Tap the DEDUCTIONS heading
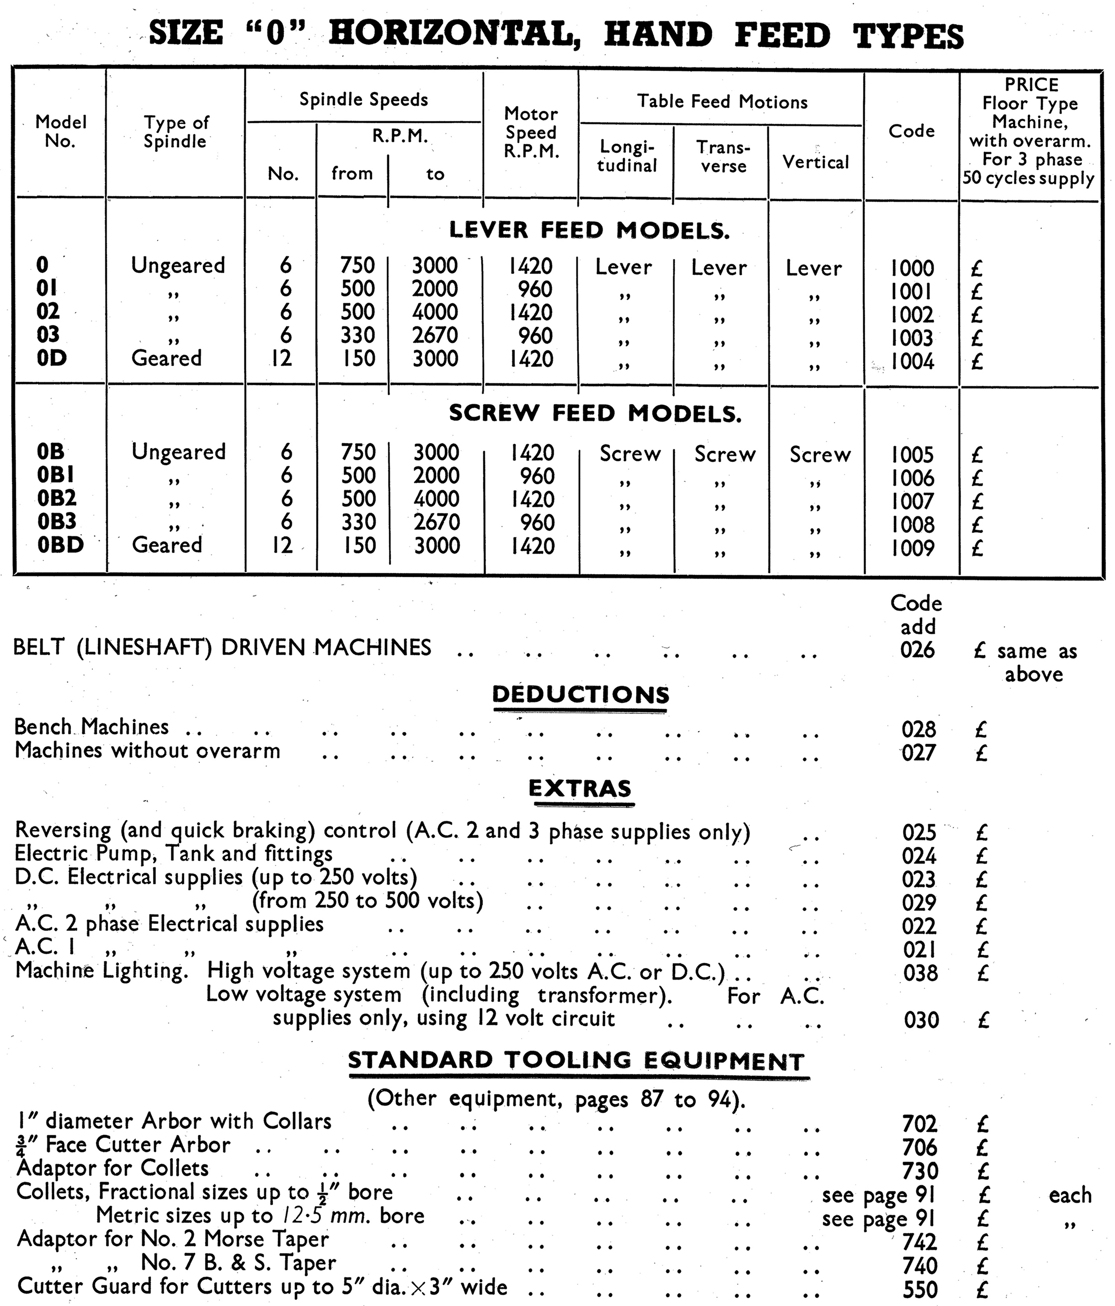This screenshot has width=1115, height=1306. (580, 695)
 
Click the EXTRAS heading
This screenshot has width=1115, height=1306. (579, 789)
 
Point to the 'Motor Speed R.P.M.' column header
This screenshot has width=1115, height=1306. (531, 132)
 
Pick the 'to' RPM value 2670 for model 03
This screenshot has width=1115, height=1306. (435, 336)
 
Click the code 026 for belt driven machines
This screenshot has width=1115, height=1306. (917, 650)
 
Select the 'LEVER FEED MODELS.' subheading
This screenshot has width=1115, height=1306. (589, 230)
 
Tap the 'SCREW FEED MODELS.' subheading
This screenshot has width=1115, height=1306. (595, 414)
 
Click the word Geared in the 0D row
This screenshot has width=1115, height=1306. (167, 358)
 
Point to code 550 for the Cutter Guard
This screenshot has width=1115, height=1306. (921, 1289)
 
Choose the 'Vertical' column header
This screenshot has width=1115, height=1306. (816, 162)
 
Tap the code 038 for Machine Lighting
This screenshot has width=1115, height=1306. (921, 973)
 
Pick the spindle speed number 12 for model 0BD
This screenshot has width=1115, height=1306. (282, 544)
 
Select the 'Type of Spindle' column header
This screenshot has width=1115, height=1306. (175, 132)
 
